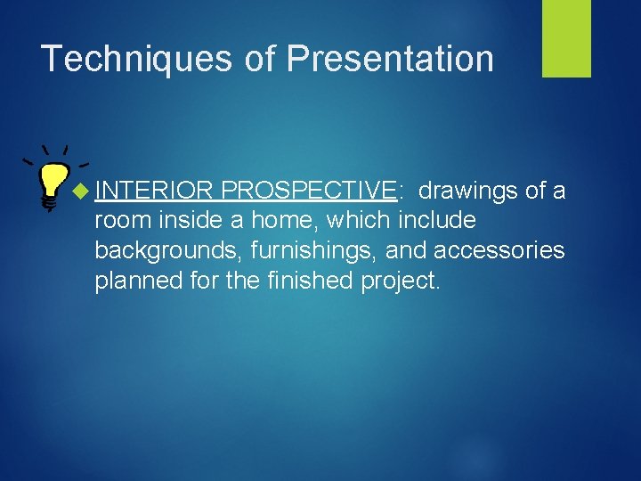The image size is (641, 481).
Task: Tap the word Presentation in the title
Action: tap(390, 59)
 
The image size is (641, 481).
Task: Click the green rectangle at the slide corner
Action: tap(566, 38)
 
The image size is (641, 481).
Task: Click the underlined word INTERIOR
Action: tap(154, 191)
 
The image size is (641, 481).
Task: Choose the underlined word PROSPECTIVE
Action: tap(308, 191)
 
